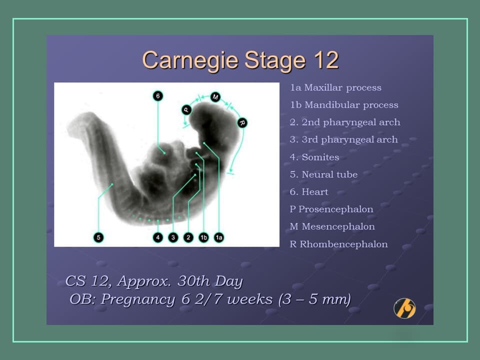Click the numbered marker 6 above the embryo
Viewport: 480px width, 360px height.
point(158,95)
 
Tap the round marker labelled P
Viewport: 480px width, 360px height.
point(186,109)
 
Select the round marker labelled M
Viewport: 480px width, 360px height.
point(215,96)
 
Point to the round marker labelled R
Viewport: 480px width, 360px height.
point(242,122)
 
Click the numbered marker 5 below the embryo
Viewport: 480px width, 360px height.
point(98,237)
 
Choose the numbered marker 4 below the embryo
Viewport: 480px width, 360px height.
point(158,237)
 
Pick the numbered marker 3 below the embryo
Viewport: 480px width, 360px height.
point(173,237)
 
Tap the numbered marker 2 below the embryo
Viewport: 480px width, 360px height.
point(188,237)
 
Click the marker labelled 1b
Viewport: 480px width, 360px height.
point(203,237)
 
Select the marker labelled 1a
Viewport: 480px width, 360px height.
point(218,237)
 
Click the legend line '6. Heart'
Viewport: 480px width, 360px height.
point(309,192)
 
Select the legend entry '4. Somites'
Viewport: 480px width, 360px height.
point(314,157)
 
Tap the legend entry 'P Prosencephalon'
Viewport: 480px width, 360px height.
point(331,209)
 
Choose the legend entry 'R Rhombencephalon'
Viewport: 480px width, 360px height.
point(338,244)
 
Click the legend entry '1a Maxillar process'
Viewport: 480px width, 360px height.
point(335,88)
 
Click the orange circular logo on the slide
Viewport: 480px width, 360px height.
point(404,308)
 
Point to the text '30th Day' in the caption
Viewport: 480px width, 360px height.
point(210,281)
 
